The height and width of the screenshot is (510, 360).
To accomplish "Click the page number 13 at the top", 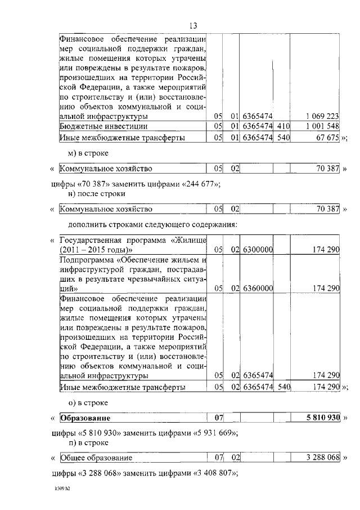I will point(192,25).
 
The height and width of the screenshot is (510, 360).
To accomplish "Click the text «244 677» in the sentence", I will point(199,184).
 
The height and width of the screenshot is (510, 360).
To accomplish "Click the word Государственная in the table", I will point(87,239).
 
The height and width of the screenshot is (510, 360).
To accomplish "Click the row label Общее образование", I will point(96,457).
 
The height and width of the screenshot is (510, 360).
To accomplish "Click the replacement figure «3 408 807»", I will point(216,472).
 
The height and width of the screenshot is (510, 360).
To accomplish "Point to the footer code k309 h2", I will point(58,491).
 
